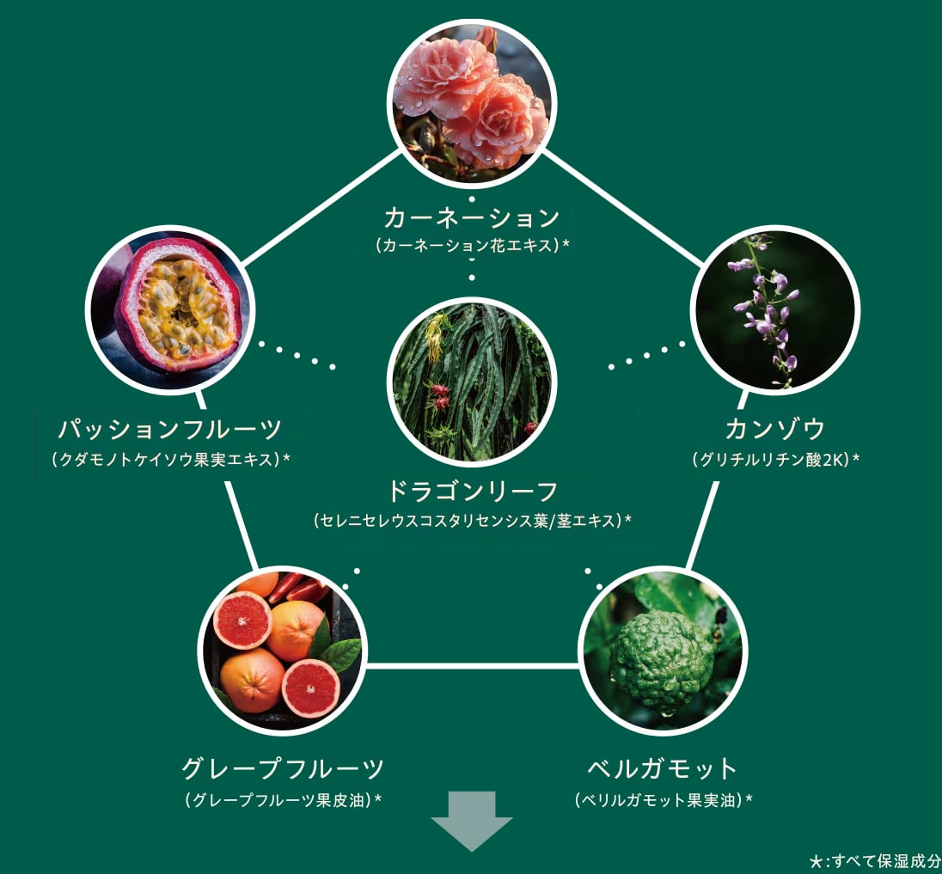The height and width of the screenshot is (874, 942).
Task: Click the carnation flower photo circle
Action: [x=471, y=102]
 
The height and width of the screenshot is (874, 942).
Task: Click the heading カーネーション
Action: [x=472, y=217]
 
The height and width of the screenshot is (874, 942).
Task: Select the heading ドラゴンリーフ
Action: [x=473, y=492]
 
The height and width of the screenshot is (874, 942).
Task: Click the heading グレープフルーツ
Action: [x=283, y=767]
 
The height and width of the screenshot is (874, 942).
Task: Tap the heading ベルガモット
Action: [x=663, y=767]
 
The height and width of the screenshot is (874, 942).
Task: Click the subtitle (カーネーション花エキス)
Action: [x=473, y=245]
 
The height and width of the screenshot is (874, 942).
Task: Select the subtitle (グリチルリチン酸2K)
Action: [x=775, y=459]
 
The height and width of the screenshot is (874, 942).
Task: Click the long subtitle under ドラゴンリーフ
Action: [x=473, y=520]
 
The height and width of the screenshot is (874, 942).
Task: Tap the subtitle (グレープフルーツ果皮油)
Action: [x=283, y=800]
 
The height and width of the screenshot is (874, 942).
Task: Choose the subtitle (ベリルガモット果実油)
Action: [x=663, y=800]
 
